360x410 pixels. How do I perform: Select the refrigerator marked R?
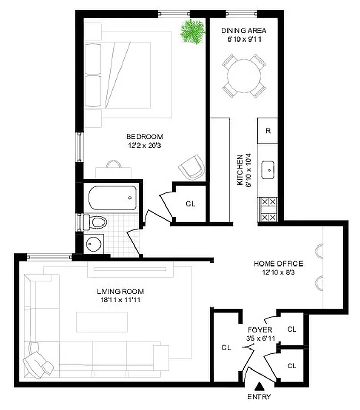pyautogui.click(x=268, y=130)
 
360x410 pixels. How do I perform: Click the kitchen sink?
pyautogui.click(x=268, y=170)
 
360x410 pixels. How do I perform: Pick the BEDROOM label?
pyautogui.click(x=145, y=137)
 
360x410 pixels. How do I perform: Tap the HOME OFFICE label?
pyautogui.click(x=279, y=264)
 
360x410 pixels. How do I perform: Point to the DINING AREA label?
pyautogui.click(x=243, y=30)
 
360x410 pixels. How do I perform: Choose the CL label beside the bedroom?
pyautogui.click(x=191, y=203)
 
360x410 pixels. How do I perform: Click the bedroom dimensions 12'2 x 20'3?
pyautogui.click(x=145, y=145)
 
